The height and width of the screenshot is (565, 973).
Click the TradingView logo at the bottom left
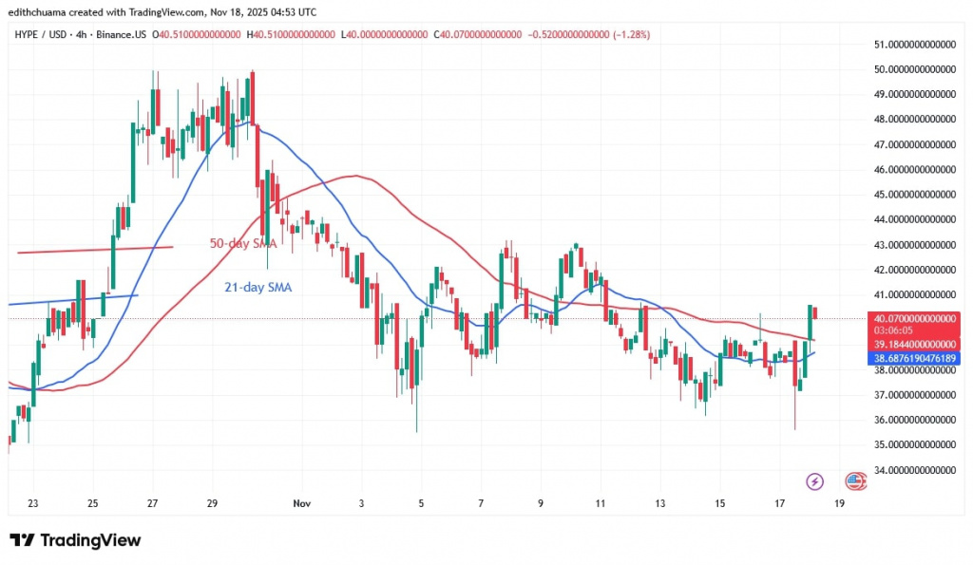(x=76, y=540)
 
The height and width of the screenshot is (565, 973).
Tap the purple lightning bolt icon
(x=813, y=481)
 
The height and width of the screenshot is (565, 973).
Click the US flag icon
(x=855, y=481)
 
